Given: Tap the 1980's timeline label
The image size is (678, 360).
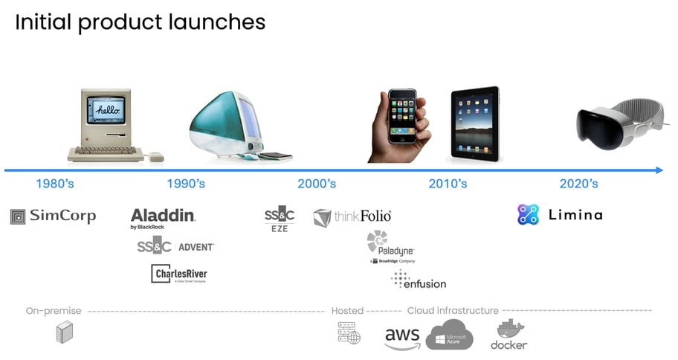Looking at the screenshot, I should [x=55, y=184].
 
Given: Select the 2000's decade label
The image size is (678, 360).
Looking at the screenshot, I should [x=317, y=184].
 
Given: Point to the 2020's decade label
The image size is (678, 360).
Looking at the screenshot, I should [x=578, y=184].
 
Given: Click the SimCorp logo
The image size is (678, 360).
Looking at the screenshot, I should [x=53, y=216].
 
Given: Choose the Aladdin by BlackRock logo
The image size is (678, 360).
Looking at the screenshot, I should [x=163, y=218].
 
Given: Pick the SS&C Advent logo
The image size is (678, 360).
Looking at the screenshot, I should [x=175, y=246].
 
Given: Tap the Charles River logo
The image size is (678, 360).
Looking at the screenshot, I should [x=179, y=274].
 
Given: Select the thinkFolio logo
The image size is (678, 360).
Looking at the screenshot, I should [x=352, y=217].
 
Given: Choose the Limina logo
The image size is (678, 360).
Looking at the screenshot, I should [x=560, y=215].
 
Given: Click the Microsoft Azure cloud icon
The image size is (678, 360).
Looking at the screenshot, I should [x=450, y=335].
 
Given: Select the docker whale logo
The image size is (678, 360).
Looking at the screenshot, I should [x=509, y=335].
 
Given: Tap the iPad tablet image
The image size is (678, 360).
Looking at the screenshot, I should [x=476, y=123].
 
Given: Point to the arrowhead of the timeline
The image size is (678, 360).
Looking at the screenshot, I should [x=659, y=170].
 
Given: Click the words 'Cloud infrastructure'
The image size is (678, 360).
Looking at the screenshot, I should [x=452, y=310].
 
